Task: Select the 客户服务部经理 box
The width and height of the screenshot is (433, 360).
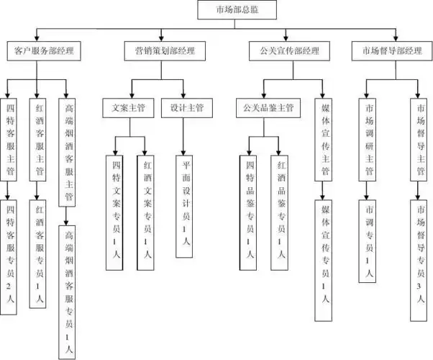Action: (44, 51)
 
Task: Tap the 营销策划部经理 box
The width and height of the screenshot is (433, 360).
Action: (165, 51)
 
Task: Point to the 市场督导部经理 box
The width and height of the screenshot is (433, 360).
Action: (391, 51)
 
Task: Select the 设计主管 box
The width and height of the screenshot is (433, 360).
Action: (186, 108)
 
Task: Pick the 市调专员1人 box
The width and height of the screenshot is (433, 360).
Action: (369, 241)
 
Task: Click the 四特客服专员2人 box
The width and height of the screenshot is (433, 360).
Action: (9, 256)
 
